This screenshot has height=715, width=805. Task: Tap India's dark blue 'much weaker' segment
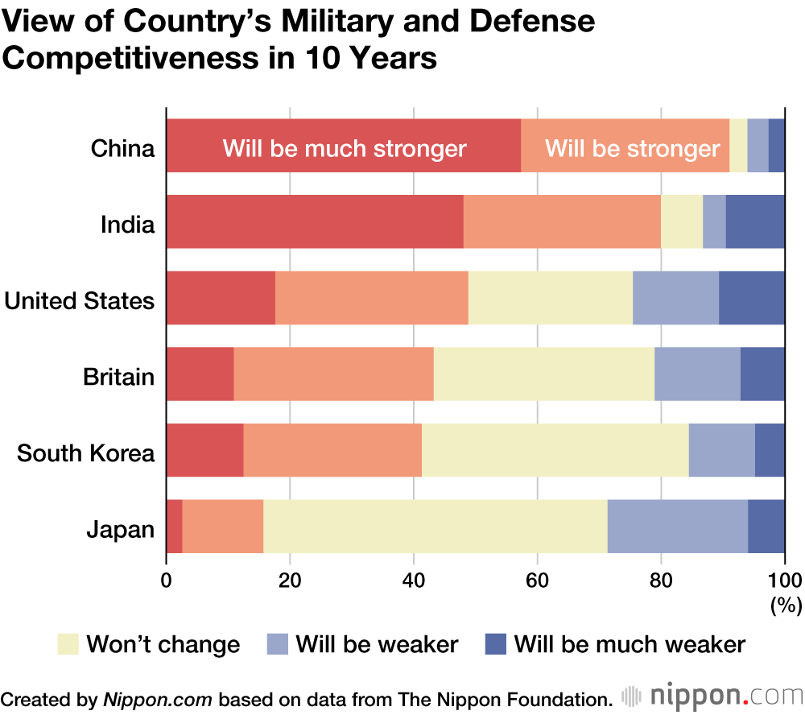pos(755,221)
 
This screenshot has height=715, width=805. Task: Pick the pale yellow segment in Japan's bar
pos(435,526)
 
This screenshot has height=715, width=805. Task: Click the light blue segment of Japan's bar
pos(677,526)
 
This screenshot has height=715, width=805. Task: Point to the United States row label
pos(79,300)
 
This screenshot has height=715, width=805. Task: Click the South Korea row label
pos(85,453)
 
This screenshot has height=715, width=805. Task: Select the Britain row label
pos(118,376)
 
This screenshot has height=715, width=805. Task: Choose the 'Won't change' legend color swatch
pos(68,644)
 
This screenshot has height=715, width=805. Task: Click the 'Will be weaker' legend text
pos(377,644)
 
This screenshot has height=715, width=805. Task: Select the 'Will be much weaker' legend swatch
pos(496,644)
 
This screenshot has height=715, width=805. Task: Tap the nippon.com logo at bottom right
pos(712,696)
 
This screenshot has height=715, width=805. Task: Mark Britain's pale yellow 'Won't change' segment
pos(543,374)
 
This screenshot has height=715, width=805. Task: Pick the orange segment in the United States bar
pos(371,298)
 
